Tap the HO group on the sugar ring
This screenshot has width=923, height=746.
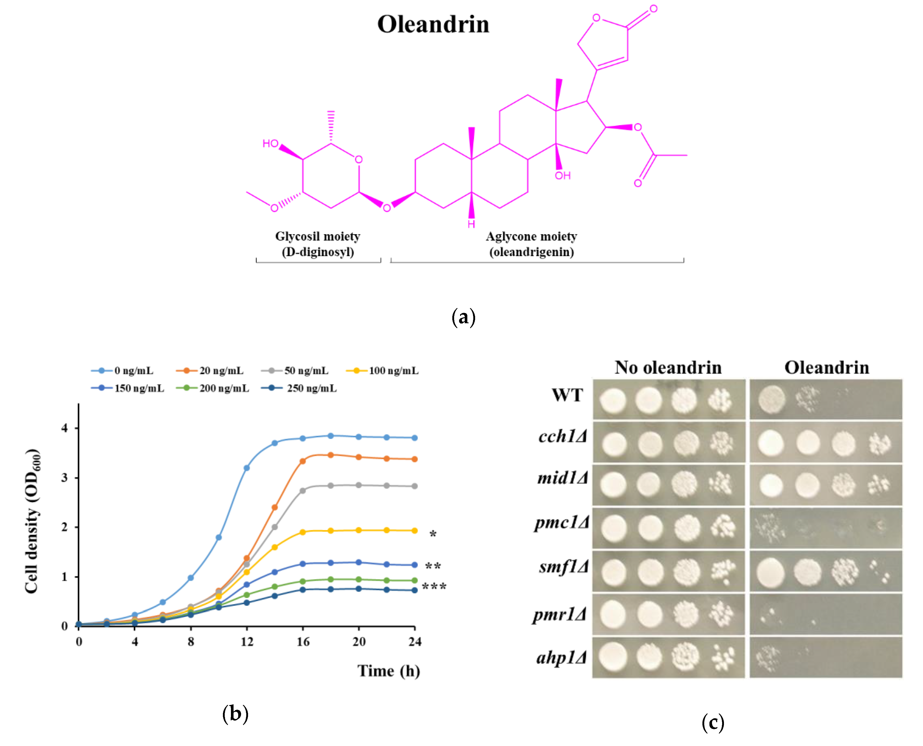pyautogui.click(x=270, y=144)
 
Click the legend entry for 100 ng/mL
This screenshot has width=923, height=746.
pyautogui.click(x=393, y=370)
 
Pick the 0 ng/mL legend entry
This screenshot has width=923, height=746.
pyautogui.click(x=133, y=370)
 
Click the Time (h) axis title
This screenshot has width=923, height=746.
pyautogui.click(x=389, y=671)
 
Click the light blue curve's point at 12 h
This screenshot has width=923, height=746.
pyautogui.click(x=247, y=468)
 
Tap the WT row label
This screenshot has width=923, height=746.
pyautogui.click(x=567, y=395)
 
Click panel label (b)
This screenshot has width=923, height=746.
pyautogui.click(x=235, y=714)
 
